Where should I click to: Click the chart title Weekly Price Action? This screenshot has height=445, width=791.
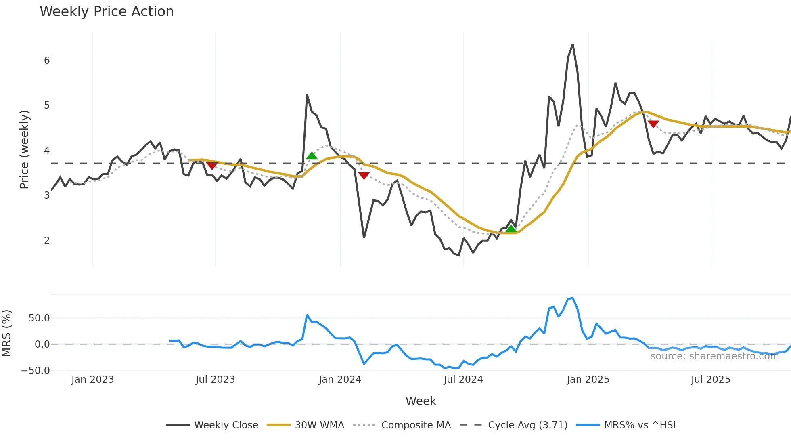(107, 12)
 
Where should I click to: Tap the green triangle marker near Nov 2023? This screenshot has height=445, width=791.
(312, 155)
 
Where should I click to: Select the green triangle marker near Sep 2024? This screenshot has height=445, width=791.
(511, 229)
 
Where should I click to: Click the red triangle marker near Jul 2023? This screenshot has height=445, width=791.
(212, 166)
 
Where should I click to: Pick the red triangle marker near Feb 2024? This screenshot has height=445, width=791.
(364, 176)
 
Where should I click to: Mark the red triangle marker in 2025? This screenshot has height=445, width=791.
(653, 124)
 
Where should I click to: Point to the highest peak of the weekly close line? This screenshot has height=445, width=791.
(573, 45)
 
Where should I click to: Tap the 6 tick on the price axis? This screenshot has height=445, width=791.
(47, 61)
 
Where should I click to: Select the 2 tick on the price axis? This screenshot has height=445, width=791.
(47, 241)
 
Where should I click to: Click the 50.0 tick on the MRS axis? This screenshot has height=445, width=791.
(39, 318)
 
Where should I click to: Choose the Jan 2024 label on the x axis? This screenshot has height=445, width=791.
(340, 380)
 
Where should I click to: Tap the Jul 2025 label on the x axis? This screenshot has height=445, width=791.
(710, 380)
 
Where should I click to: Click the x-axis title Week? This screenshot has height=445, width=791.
(421, 401)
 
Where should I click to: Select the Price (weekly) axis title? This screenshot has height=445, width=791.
(24, 149)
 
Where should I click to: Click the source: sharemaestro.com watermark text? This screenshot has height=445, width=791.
(714, 356)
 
